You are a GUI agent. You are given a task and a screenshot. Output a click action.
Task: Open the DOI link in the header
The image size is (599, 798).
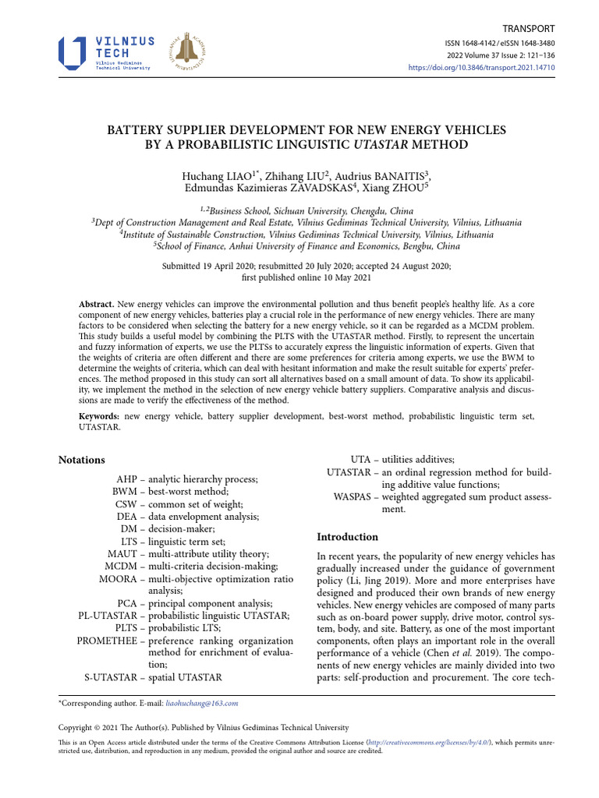481,68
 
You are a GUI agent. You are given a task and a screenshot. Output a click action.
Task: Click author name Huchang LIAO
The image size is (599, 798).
214,176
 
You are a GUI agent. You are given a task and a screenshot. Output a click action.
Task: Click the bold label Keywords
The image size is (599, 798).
99,417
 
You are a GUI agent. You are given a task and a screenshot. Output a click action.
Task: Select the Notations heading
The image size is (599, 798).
82,460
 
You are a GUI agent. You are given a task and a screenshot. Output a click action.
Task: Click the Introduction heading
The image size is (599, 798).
347,537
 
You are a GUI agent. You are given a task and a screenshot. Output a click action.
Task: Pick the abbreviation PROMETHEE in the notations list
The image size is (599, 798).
107,641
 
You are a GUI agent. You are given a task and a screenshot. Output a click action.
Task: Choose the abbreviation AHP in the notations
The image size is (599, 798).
126,479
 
